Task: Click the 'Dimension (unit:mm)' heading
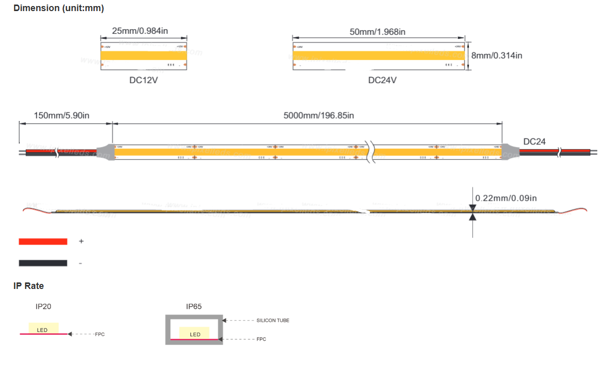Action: coord(59,8)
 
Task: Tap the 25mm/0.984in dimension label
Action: coord(140,31)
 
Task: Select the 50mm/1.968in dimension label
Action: coord(378,32)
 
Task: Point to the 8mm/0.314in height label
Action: coord(497,55)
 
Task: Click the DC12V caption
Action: coord(144,80)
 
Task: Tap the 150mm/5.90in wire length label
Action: coord(61,116)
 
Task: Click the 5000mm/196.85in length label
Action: coord(319,116)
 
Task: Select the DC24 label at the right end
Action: coord(534,142)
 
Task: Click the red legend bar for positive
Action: coord(43,242)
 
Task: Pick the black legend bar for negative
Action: coord(43,263)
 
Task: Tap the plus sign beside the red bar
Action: coord(81,242)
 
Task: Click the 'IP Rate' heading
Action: coord(29,286)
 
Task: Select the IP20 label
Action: coord(43,306)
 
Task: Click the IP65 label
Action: coord(194,306)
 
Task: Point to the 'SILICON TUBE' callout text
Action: coord(273,320)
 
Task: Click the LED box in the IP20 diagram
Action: coord(43,328)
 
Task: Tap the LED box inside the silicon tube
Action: coord(194,333)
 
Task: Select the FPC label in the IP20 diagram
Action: coord(100,334)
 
